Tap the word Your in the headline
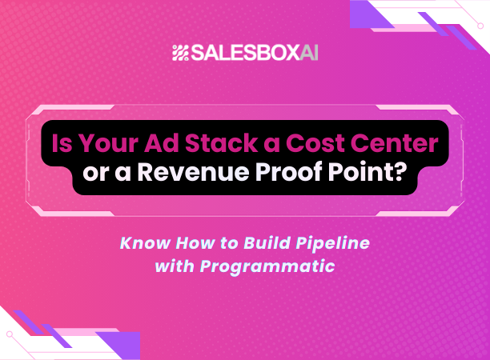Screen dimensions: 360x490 [105, 145]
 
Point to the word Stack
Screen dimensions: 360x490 [215, 145]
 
